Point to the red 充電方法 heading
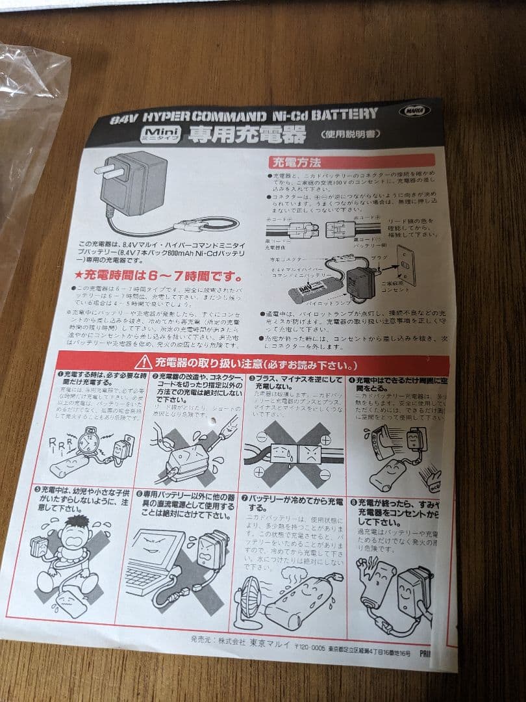(x=295, y=162)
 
